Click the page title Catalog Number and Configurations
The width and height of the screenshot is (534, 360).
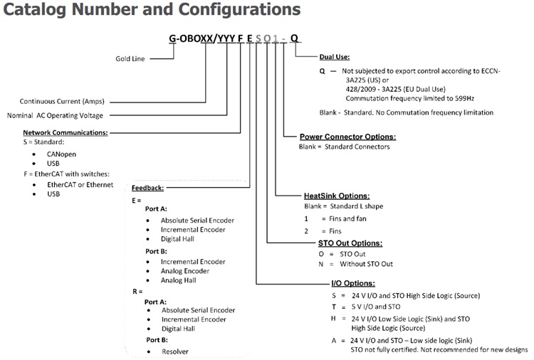[x=150, y=10]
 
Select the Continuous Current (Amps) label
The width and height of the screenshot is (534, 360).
[x=67, y=102]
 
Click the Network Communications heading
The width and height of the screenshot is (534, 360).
[x=66, y=132]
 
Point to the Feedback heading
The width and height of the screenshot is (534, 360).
[x=147, y=188]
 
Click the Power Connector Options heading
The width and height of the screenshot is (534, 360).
[x=348, y=137]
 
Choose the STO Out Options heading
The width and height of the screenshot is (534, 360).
[x=350, y=243]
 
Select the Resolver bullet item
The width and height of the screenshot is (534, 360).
[x=176, y=351]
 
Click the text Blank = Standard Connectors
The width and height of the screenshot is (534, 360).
[x=345, y=147]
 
